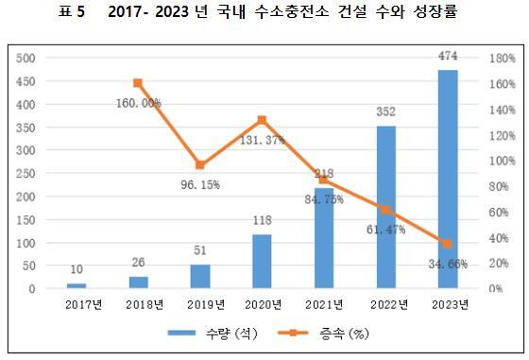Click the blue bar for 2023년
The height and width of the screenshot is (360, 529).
pyautogui.click(x=447, y=180)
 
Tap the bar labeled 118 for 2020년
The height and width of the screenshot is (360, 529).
pyautogui.click(x=263, y=262)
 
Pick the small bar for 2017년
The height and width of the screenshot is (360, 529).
pyautogui.click(x=77, y=285)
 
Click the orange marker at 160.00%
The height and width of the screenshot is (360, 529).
pyautogui.click(x=138, y=83)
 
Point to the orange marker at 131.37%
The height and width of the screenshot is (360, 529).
pyautogui.click(x=262, y=120)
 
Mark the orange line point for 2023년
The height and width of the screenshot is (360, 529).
pyautogui.click(x=447, y=244)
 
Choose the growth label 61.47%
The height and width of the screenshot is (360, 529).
pyautogui.click(x=385, y=228)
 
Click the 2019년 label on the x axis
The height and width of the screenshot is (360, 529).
pyautogui.click(x=200, y=304)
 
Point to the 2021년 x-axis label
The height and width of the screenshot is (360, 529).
pyautogui.click(x=324, y=304)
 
